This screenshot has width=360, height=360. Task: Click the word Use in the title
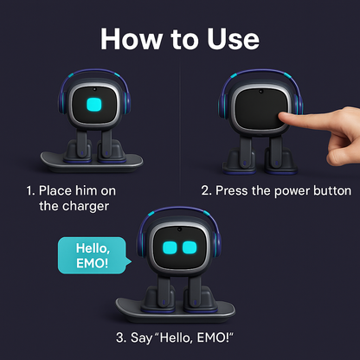[x=233, y=39]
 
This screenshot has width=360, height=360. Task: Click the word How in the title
[x=132, y=39]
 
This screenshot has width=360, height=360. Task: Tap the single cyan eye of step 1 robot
[x=94, y=105]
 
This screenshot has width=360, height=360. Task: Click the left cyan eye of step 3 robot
[x=170, y=247]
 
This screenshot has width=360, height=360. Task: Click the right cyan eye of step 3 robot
[x=190, y=247]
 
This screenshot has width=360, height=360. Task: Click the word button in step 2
[x=332, y=190]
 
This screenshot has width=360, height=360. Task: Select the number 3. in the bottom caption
[x=121, y=337]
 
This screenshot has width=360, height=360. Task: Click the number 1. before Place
[x=30, y=191]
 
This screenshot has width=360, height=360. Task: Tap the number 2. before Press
[x=207, y=191]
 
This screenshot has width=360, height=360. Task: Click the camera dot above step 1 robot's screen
[x=94, y=89]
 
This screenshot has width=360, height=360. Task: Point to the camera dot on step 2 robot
[x=261, y=92]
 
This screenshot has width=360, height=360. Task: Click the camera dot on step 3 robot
[x=179, y=229]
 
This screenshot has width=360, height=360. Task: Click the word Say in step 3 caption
[x=141, y=338]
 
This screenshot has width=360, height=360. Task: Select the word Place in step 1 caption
[x=55, y=191]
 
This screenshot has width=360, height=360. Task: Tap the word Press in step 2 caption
[x=232, y=191]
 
